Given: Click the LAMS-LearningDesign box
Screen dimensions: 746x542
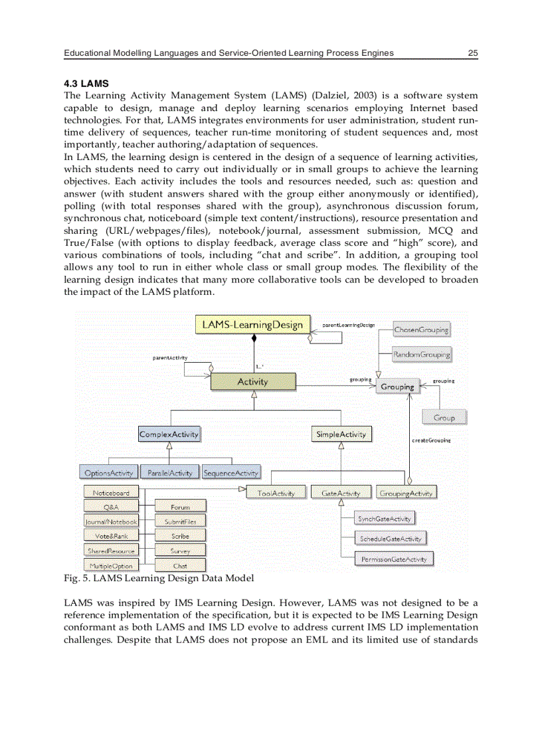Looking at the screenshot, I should [x=253, y=325].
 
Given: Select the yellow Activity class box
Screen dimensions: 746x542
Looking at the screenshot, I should [x=253, y=381].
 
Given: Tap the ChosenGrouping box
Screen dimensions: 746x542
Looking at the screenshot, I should [x=421, y=329].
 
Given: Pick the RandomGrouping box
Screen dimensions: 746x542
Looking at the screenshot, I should [x=421, y=355].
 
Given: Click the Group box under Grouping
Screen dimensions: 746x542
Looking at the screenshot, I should [x=444, y=418].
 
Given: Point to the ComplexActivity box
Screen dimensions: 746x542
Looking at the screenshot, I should [x=169, y=434].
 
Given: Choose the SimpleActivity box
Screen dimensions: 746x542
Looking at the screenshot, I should [x=341, y=434].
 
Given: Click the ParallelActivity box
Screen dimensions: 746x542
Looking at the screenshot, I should [x=169, y=473].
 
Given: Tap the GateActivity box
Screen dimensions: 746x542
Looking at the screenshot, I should [x=341, y=493].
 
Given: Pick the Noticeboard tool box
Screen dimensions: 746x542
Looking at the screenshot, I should [x=111, y=493].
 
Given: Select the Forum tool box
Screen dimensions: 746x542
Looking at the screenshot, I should [x=180, y=508].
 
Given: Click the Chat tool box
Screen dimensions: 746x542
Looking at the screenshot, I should [x=180, y=566].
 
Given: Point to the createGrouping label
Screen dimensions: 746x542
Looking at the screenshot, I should [x=431, y=440].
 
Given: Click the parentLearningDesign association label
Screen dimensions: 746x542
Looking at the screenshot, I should [x=349, y=325].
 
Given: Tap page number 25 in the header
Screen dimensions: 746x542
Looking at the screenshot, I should [x=473, y=53].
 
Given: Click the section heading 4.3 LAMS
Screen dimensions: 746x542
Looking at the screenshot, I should [x=86, y=84].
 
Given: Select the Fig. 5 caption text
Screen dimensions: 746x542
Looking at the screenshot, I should [x=158, y=578].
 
